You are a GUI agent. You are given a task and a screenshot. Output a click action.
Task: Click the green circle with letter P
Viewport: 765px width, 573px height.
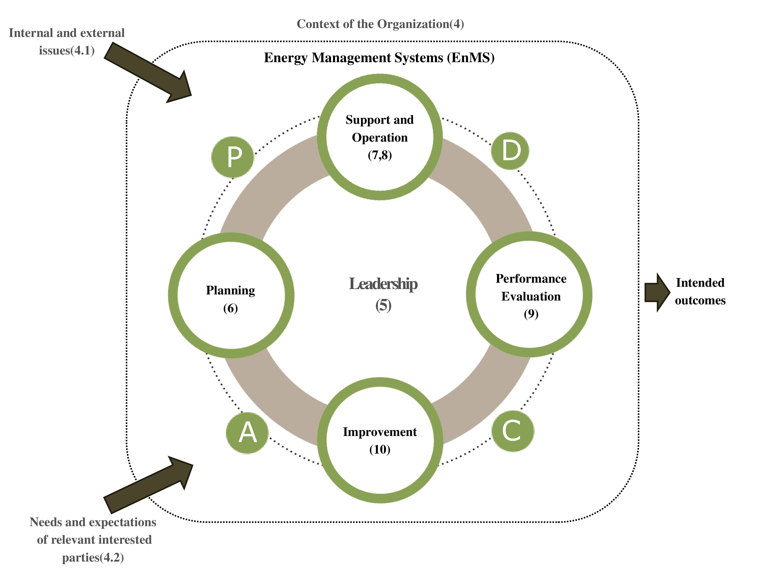[x=233, y=157]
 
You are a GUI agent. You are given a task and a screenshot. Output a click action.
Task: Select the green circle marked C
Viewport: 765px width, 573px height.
[x=513, y=431]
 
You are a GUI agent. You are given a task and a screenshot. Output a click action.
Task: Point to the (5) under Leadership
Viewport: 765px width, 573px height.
[x=383, y=305]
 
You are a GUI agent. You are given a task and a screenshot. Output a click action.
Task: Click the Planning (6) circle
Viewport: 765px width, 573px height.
[x=231, y=295]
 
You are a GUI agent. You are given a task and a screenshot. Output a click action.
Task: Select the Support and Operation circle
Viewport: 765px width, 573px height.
[x=380, y=137]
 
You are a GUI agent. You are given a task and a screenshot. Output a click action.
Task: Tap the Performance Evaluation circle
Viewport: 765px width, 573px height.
[x=529, y=294]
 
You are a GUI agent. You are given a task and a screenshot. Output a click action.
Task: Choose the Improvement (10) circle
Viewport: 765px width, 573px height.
[x=380, y=440]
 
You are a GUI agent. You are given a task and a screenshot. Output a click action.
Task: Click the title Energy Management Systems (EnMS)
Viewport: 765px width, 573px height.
[x=379, y=57]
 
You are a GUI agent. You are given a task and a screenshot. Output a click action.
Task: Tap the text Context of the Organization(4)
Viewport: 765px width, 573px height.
[x=380, y=24]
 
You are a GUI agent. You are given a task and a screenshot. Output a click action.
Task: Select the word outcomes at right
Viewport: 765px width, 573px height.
[x=700, y=301]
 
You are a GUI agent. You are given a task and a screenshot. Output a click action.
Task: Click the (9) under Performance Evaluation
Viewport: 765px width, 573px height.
[x=531, y=314]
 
